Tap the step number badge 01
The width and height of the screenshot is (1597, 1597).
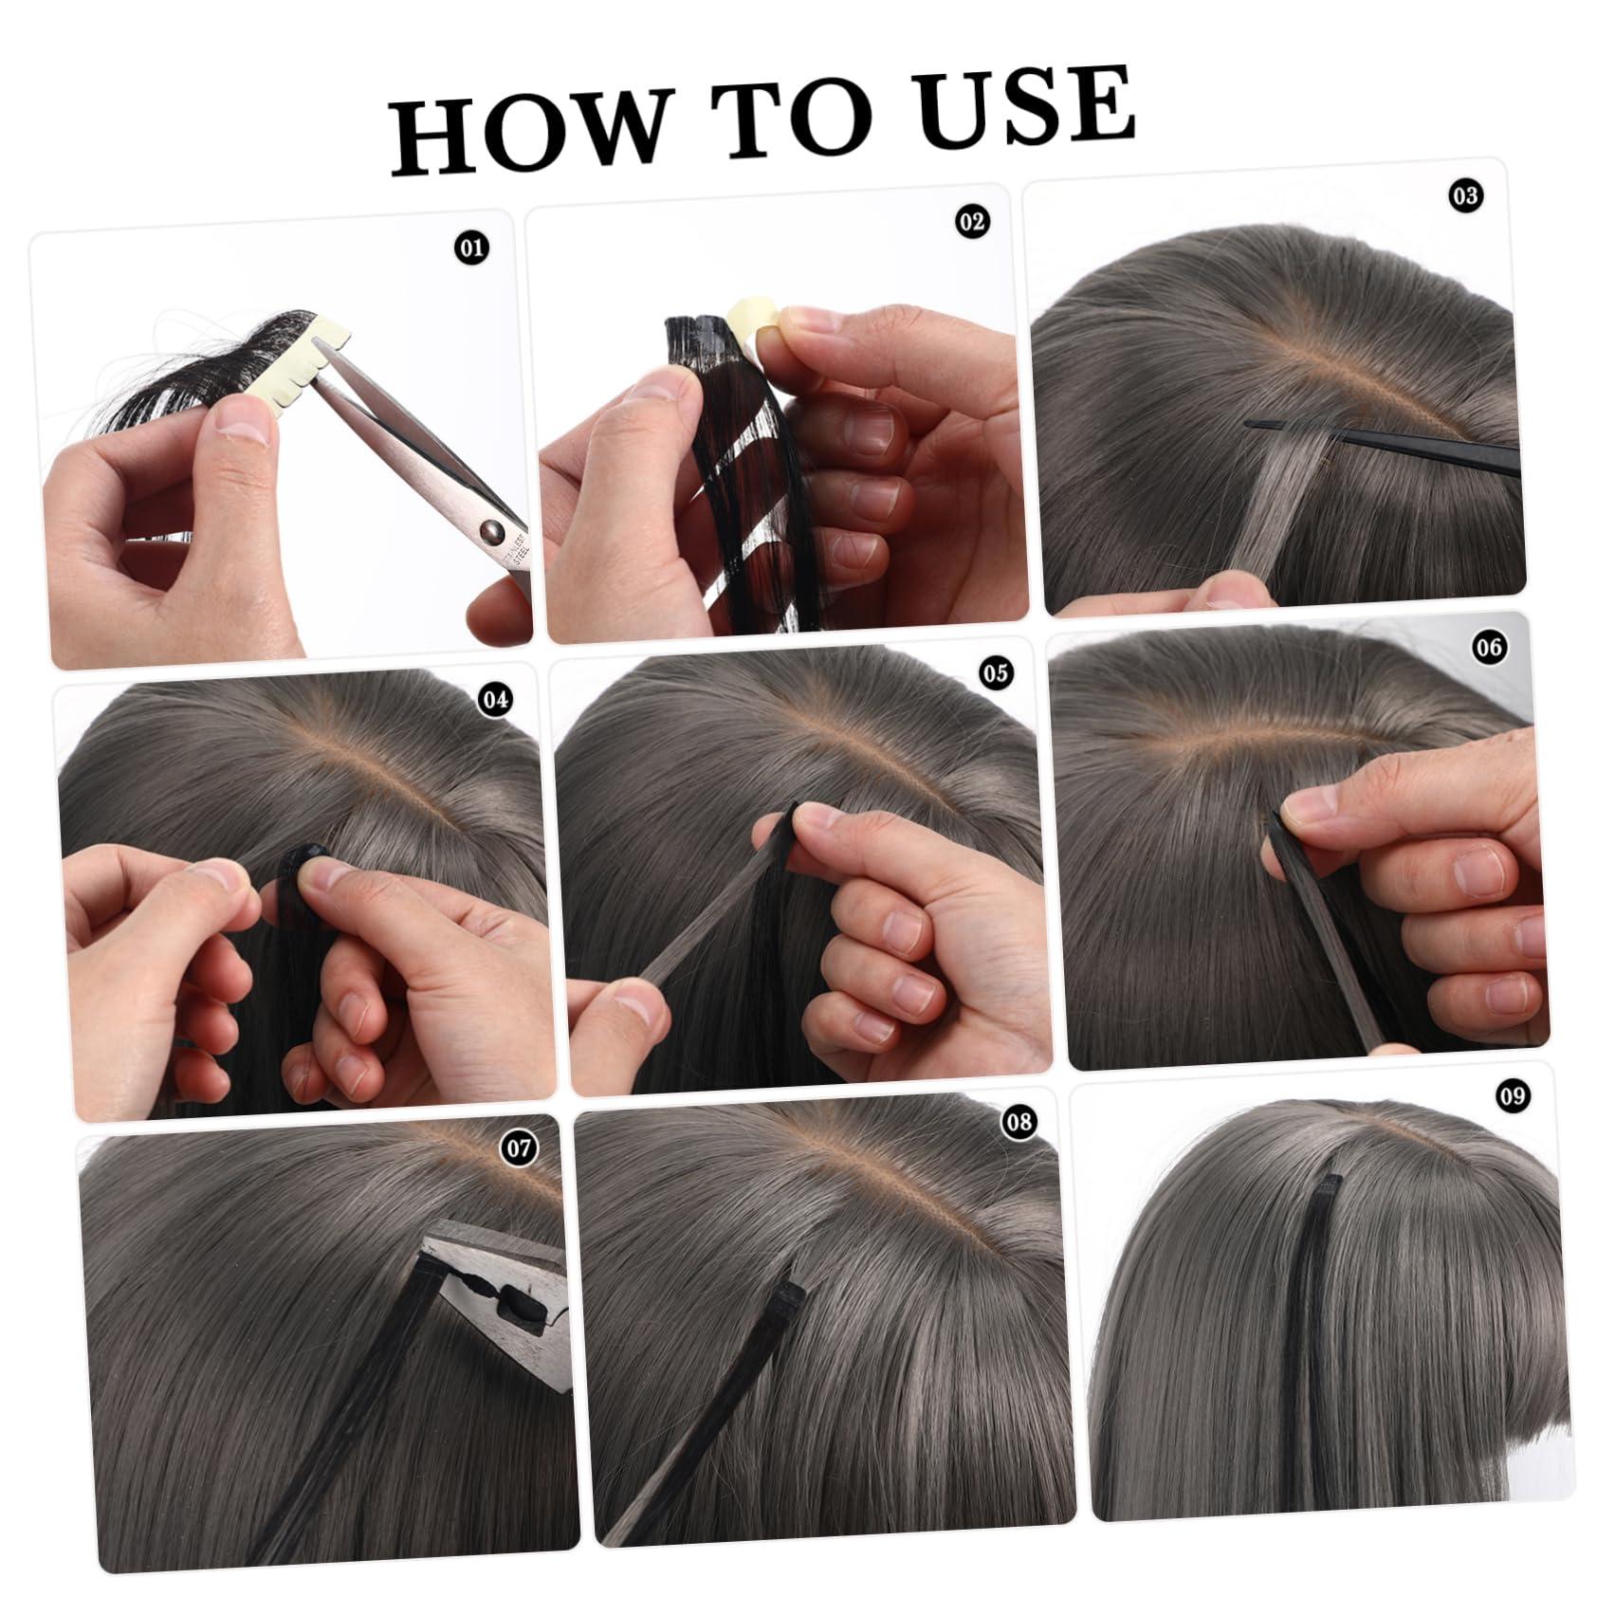[471, 249]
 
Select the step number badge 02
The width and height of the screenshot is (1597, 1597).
[971, 222]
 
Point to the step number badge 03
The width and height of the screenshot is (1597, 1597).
[1465, 196]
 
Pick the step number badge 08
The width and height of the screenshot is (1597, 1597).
[1019, 1123]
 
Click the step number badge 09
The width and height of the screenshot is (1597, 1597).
[1513, 1096]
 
